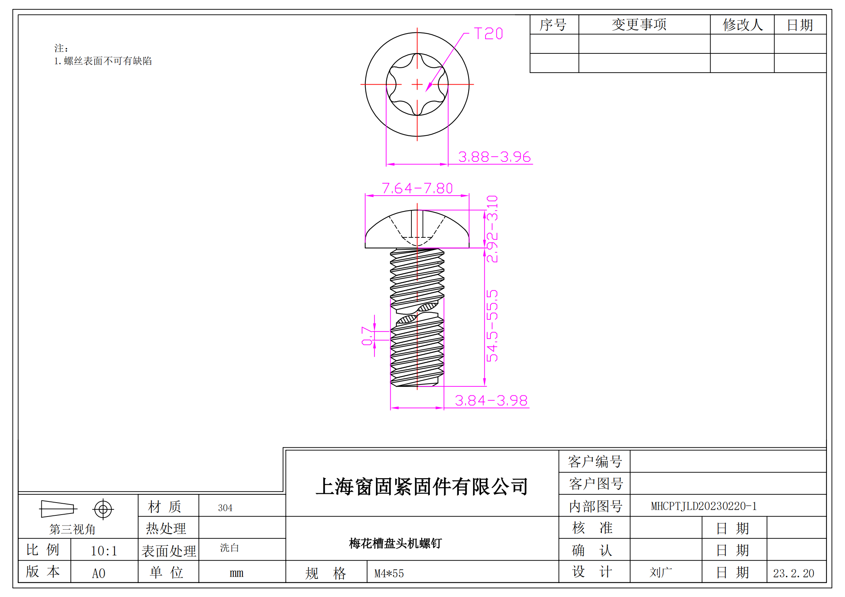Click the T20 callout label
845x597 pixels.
(x=488, y=33)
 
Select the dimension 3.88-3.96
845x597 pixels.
(x=494, y=157)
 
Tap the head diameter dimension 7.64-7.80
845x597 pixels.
(x=417, y=188)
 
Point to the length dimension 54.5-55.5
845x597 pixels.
(x=492, y=326)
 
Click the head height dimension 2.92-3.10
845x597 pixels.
(x=492, y=229)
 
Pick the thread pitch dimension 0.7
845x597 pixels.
(x=367, y=336)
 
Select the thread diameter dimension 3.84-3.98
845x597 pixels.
(x=491, y=401)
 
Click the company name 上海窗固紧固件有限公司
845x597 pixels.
(x=422, y=486)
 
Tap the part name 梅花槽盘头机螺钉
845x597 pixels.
(x=395, y=543)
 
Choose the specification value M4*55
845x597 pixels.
(x=389, y=573)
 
